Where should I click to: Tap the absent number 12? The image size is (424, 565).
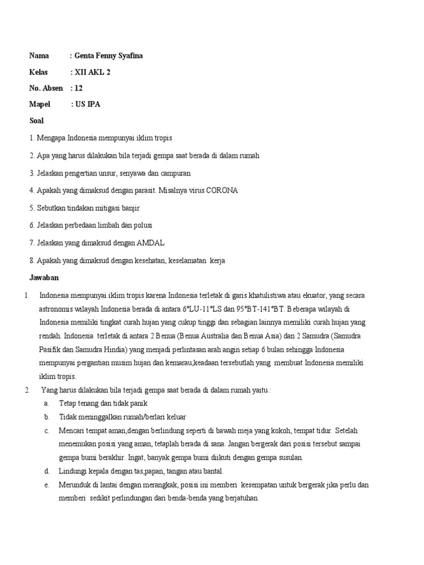[78, 88]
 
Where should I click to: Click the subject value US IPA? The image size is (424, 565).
[88, 104]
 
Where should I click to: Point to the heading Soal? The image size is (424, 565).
[36, 120]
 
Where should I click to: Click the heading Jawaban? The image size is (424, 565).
[44, 278]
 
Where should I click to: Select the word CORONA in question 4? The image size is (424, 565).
[222, 190]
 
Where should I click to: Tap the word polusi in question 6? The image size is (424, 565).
[141, 225]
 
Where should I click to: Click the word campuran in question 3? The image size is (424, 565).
[174, 173]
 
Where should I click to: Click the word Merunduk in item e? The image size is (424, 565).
[75, 484]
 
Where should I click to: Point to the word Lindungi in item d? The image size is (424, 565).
[72, 471]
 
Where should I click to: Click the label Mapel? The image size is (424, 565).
[40, 104]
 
